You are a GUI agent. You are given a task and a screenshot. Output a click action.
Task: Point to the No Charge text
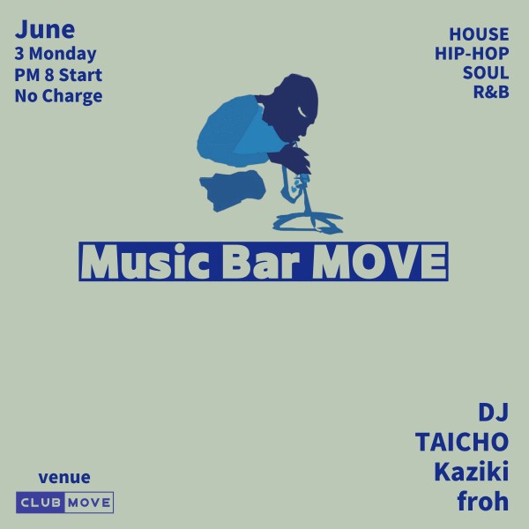coord(58,96)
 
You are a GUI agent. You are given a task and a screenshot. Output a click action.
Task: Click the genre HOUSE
coord(479,34)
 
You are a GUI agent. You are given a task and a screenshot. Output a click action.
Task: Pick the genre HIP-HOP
coord(473,55)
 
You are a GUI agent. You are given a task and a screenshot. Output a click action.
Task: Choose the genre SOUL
coord(486,75)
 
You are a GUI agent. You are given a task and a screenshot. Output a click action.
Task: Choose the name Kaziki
coord(471,471)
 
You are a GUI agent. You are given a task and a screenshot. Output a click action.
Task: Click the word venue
coord(64,478)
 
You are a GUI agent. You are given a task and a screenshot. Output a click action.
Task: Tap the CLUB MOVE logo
coord(64,503)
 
